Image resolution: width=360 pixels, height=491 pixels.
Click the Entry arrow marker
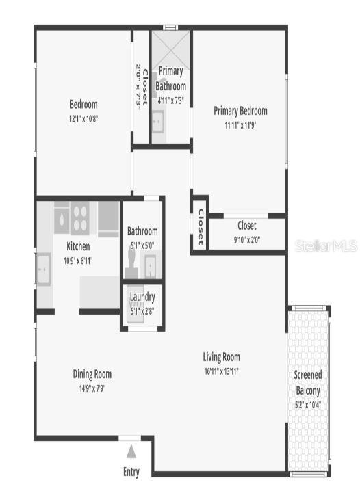[x=131, y=451]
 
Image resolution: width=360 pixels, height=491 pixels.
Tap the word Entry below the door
[x=131, y=471]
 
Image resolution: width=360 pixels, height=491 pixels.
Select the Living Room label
[x=221, y=357]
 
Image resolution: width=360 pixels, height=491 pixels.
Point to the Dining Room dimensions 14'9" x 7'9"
[x=92, y=388]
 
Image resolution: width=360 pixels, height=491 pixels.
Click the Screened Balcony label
[x=307, y=382]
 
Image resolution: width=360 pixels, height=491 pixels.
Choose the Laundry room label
[x=142, y=297]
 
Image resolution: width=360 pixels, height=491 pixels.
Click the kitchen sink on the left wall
[x=44, y=269]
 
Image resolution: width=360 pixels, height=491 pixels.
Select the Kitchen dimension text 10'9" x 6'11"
[x=78, y=261]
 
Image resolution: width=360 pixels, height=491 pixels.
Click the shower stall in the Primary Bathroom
[x=171, y=47]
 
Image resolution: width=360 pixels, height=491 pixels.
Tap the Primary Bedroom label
[x=240, y=111]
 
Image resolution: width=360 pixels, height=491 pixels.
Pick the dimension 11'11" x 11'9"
[x=240, y=125]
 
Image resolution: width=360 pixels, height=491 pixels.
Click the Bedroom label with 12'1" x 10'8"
[x=83, y=105]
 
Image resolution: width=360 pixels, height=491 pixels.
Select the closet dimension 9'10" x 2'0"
[x=247, y=239]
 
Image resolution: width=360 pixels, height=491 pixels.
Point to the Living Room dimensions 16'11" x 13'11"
[x=221, y=371]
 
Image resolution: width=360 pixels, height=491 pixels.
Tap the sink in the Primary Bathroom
[x=157, y=123]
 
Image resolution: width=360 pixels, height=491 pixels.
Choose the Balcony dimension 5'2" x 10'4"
[x=307, y=404]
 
